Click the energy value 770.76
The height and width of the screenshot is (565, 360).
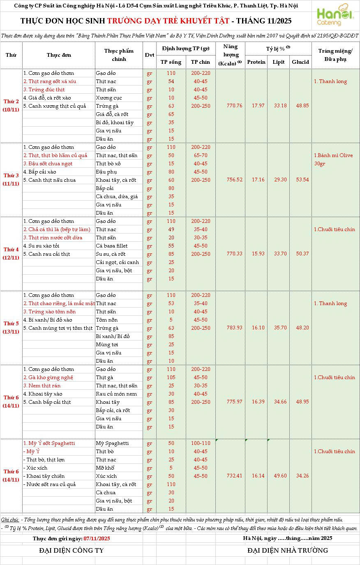click(x=234, y=106)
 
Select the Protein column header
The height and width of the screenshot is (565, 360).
click(x=256, y=62)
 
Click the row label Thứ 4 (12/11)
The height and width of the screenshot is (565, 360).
click(x=11, y=254)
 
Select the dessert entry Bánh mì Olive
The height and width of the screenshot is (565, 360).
click(x=333, y=155)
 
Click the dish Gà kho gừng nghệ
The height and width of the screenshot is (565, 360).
click(x=48, y=377)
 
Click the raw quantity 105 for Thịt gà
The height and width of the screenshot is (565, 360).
click(x=171, y=377)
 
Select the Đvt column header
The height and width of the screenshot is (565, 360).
click(x=149, y=55)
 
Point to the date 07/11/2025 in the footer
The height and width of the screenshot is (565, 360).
click(x=97, y=538)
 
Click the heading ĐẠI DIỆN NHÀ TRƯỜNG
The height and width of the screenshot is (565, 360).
click(x=288, y=551)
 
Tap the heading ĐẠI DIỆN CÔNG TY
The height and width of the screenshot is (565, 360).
click(x=72, y=551)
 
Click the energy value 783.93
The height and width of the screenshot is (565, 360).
click(x=234, y=328)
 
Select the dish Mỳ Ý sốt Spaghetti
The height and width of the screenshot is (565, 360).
click(x=49, y=443)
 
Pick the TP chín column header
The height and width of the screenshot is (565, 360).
click(x=201, y=62)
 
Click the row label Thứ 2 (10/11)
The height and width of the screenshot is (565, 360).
click(x=11, y=106)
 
